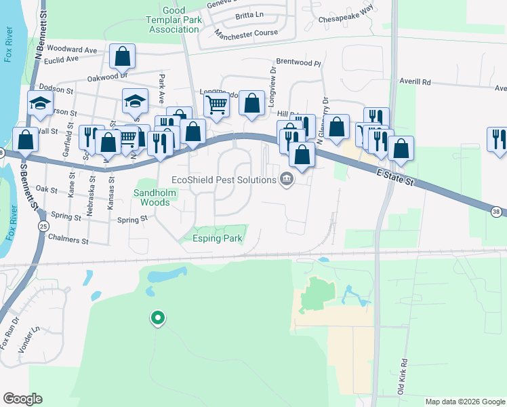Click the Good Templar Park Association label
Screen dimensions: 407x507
pyautogui.click(x=174, y=20)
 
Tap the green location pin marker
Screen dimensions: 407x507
pyautogui.click(x=158, y=317)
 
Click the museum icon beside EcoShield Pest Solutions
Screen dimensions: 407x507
pyautogui.click(x=287, y=180)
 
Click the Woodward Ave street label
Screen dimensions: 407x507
pyautogui.click(x=73, y=50)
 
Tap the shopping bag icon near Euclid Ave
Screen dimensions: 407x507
pyautogui.click(x=123, y=56)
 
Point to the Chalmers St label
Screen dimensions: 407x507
pyautogui.click(x=67, y=241)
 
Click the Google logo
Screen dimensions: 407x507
pyautogui.click(x=22, y=399)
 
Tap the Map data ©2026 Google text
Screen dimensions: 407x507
pyautogui.click(x=464, y=402)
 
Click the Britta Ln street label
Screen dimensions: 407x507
pyautogui.click(x=249, y=15)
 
